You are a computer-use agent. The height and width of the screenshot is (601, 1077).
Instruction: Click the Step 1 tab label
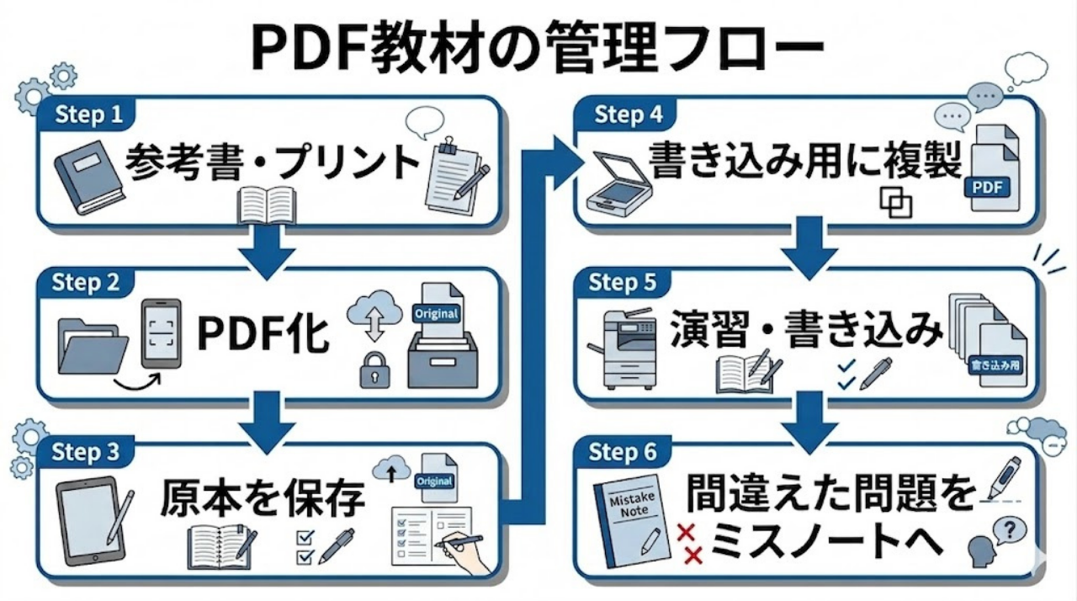coord(88,114)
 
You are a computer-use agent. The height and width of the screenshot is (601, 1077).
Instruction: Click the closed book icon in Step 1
coord(88,177)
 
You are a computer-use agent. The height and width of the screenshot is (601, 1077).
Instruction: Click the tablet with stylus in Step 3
coord(93,521)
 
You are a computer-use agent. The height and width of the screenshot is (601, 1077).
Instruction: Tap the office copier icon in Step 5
coord(630,348)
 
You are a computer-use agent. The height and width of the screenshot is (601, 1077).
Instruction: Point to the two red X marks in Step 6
coord(691,544)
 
